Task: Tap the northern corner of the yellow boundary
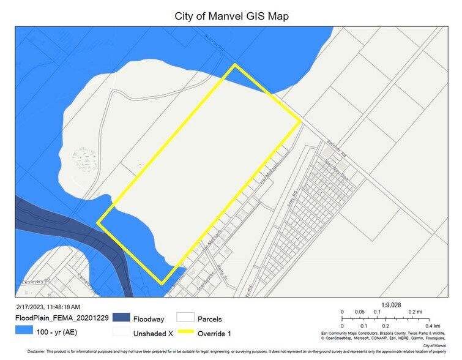coord(234,65)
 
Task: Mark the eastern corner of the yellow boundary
coord(300,121)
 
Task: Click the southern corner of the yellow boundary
coord(162,284)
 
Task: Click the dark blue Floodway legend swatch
coord(121,318)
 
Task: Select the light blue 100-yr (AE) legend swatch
coord(24,331)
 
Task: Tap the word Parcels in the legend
coord(209,318)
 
